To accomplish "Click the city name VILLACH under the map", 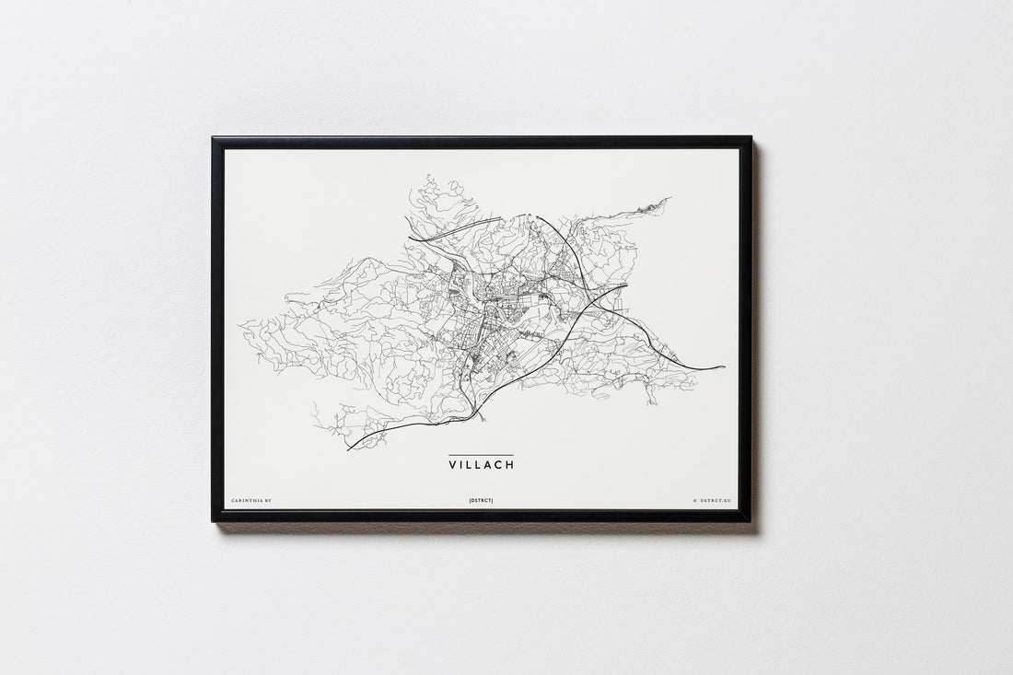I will click(482, 465).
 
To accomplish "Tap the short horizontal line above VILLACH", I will click(482, 455).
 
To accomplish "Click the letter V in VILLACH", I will click(453, 465).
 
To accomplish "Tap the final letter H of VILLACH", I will click(510, 465).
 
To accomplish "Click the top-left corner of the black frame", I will click(213, 138).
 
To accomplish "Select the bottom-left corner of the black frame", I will click(213, 520).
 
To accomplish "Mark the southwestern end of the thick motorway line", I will click(348, 449).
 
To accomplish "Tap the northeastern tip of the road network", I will click(669, 198).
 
